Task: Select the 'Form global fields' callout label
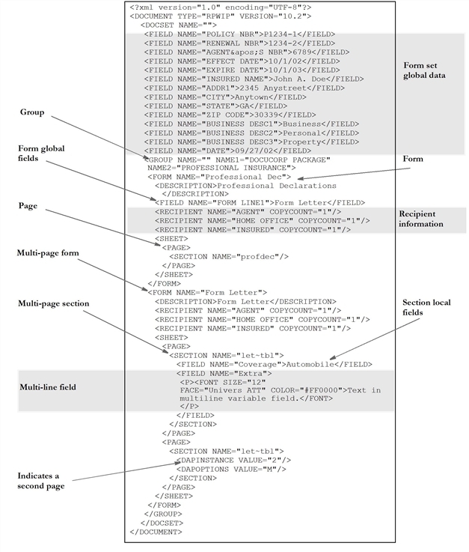click(x=41, y=154)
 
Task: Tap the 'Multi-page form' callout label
click(x=49, y=253)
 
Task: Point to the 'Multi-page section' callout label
click(x=54, y=303)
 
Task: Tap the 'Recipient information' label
click(x=420, y=218)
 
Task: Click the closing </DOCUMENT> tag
click(x=156, y=531)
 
